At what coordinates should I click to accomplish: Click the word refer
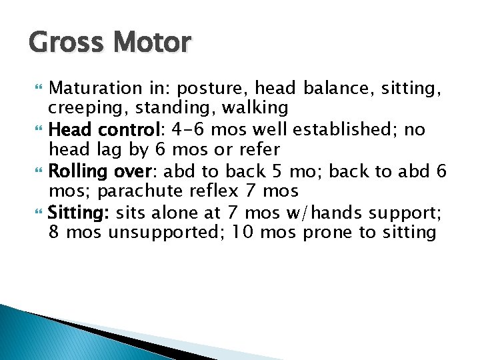click(x=257, y=149)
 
